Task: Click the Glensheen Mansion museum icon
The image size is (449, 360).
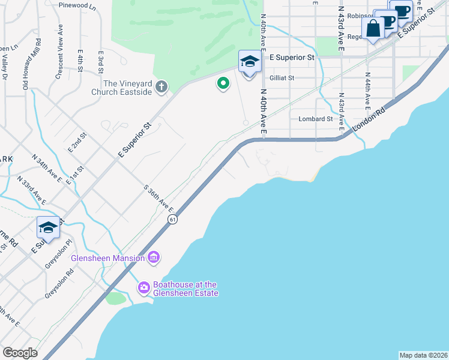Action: point(154,258)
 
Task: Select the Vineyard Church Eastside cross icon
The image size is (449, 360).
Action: point(161,88)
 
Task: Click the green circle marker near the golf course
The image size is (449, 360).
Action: point(223,83)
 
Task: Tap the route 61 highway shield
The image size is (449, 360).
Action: point(173,220)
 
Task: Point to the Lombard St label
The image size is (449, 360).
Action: point(316,119)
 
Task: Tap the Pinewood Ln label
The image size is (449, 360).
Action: point(77,5)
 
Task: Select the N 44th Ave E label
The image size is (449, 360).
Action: point(367,91)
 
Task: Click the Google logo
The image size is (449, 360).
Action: point(20,353)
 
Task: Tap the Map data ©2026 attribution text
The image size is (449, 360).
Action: point(423,355)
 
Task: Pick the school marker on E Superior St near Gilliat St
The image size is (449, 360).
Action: point(249,62)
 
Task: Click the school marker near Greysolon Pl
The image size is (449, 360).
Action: point(48,228)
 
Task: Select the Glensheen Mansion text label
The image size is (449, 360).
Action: point(107,258)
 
